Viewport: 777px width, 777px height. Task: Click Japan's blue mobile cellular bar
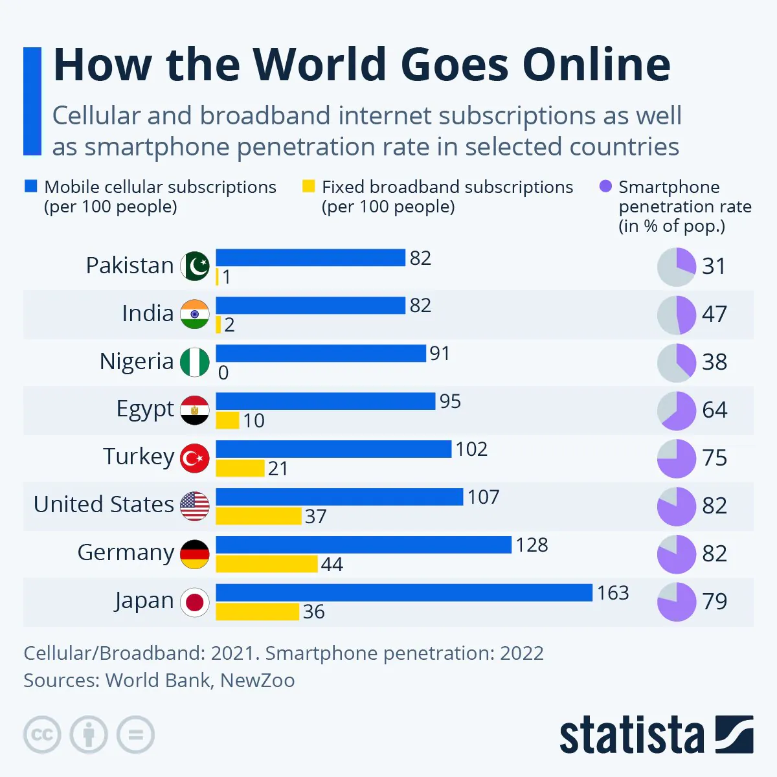(404, 592)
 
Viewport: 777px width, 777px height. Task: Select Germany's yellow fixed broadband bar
(267, 563)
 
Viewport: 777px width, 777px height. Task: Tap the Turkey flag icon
(195, 458)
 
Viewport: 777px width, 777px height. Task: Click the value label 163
(613, 592)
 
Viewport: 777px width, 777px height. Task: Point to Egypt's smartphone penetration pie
(677, 411)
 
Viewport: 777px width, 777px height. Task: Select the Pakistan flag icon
(195, 266)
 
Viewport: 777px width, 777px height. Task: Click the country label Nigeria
(137, 361)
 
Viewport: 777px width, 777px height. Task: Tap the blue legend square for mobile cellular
(30, 186)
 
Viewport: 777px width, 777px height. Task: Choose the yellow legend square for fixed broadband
(308, 186)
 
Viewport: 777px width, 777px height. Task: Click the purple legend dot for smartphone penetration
(605, 186)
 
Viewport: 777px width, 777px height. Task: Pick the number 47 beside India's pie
(714, 314)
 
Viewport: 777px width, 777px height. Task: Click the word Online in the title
(596, 65)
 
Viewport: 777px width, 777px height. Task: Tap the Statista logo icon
(734, 735)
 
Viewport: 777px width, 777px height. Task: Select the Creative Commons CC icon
(42, 735)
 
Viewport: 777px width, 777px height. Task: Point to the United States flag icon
(195, 506)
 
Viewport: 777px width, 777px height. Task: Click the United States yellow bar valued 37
(259, 516)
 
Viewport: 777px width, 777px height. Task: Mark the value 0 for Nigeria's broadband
(223, 373)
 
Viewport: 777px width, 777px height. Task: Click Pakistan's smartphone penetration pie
(677, 266)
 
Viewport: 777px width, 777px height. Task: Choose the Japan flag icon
(195, 602)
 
